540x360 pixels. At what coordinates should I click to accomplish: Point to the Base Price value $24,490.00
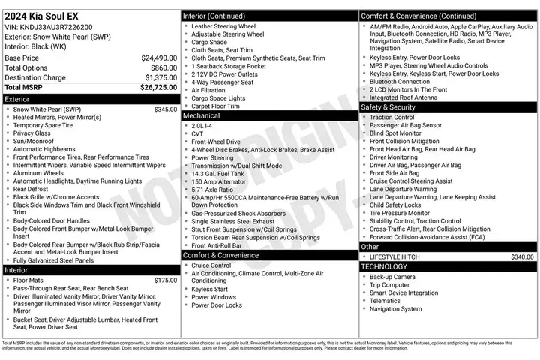tap(159, 58)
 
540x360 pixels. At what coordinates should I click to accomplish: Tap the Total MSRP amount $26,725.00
tap(158, 87)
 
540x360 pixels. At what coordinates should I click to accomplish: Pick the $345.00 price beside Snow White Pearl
tap(165, 109)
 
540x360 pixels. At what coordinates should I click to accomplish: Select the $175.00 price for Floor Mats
tap(165, 280)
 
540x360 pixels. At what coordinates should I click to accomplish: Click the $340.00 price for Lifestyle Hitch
tap(522, 256)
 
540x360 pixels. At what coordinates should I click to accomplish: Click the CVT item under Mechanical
tap(198, 134)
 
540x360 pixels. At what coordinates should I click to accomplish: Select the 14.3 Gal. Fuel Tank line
tap(218, 174)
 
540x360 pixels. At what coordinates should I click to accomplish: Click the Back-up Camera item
tap(391, 277)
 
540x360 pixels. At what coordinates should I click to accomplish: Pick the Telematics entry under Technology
tap(385, 301)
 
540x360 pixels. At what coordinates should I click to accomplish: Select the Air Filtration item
tap(208, 90)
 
